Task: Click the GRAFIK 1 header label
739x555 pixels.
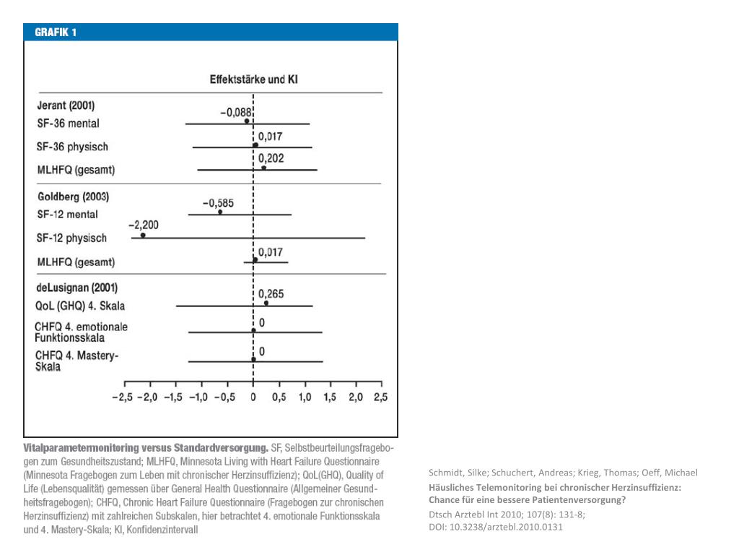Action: pos(51,33)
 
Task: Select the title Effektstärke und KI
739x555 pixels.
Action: pos(253,80)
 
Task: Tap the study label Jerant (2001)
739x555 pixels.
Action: pos(66,105)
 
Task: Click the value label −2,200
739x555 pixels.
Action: pos(144,225)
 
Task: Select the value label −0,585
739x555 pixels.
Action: pos(218,202)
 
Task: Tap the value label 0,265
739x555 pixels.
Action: pos(271,294)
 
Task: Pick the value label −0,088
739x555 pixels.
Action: pos(235,112)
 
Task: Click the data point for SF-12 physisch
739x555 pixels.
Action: pos(143,236)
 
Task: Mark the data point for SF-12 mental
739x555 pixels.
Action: pos(220,212)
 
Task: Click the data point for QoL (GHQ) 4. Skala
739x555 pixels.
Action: pos(266,304)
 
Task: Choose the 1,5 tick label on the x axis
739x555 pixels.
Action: pos(329,397)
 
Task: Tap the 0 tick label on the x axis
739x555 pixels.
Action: pos(253,397)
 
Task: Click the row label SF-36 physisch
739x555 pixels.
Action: pos(72,147)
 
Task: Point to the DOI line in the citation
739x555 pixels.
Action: pos(495,527)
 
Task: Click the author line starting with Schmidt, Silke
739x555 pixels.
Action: pos(563,473)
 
